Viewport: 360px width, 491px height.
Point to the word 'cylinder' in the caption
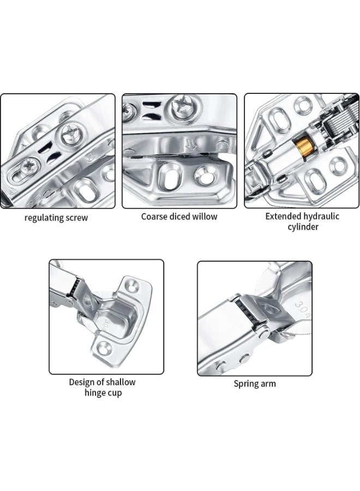303,227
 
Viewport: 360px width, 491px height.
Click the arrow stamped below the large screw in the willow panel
191,144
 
